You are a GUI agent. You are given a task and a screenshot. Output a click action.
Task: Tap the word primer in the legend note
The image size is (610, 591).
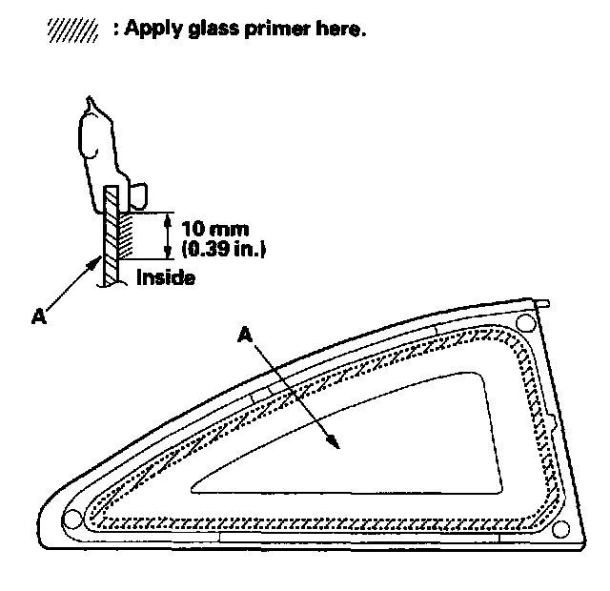[x=270, y=30]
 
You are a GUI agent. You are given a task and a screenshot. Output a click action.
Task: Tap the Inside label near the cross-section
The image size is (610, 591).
[x=166, y=278]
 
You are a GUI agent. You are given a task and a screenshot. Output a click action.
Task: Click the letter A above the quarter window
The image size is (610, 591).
[x=246, y=335]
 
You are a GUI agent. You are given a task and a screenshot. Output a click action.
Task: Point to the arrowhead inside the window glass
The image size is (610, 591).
[x=333, y=439]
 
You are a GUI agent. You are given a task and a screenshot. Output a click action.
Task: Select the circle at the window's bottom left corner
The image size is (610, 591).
[x=71, y=519]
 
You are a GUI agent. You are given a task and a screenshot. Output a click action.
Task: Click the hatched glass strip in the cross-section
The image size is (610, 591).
[x=111, y=234]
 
